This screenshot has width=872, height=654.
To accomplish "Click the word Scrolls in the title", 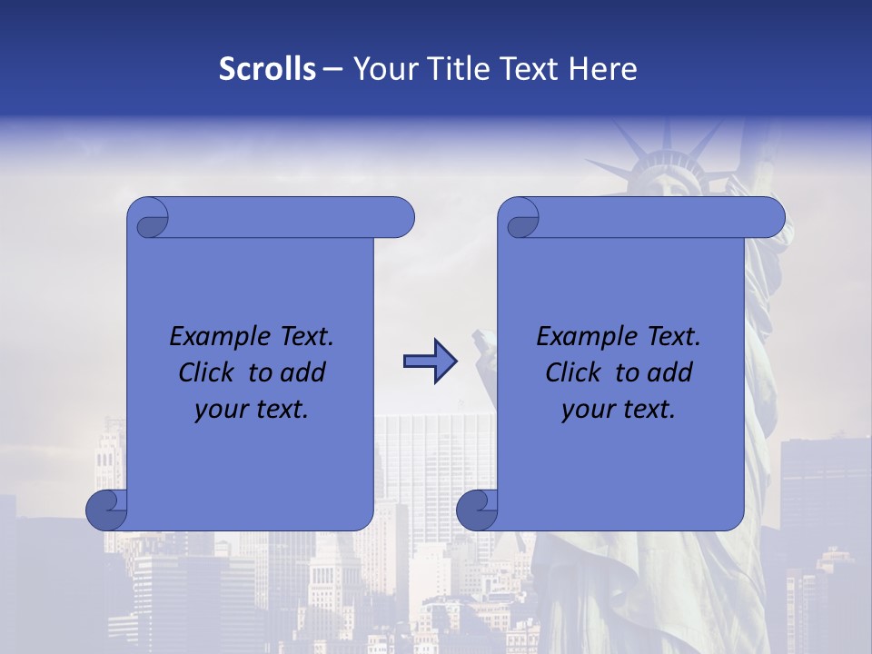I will click(x=267, y=69).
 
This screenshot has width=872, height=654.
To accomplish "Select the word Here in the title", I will click(x=603, y=69).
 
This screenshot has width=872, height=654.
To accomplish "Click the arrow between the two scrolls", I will click(x=431, y=362).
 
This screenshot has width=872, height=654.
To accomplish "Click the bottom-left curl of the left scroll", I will click(x=107, y=510).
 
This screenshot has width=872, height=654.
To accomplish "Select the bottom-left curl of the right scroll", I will click(x=478, y=510).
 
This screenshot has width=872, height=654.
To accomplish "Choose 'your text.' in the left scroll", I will click(x=252, y=410).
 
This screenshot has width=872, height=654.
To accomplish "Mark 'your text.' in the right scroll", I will click(x=619, y=410).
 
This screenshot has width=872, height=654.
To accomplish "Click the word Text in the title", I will click(x=532, y=69).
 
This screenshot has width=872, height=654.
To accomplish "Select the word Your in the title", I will click(x=383, y=69).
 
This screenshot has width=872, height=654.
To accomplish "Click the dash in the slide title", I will click(x=332, y=69).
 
